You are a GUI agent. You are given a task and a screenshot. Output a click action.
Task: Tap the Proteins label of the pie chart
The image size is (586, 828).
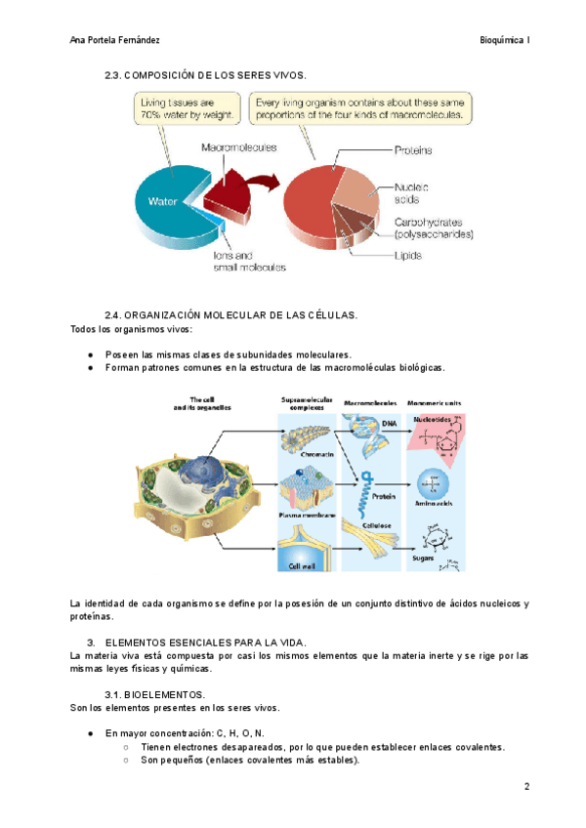coord(413,150)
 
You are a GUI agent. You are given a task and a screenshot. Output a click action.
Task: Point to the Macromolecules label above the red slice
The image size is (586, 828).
coord(238,147)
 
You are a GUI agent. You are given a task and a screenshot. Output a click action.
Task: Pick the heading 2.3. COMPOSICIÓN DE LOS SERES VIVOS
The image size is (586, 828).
coord(205,75)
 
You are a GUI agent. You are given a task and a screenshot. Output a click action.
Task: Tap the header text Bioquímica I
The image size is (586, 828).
coord(505,40)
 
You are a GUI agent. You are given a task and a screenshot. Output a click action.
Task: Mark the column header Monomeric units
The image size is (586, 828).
coord(435,401)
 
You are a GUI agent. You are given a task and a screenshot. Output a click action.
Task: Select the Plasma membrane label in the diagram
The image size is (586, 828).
coord(308,514)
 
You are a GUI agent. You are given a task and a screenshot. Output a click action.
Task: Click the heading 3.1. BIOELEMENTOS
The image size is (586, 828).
coord(154,693)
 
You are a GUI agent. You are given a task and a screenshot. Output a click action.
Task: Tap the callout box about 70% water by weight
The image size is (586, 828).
coord(188,108)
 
